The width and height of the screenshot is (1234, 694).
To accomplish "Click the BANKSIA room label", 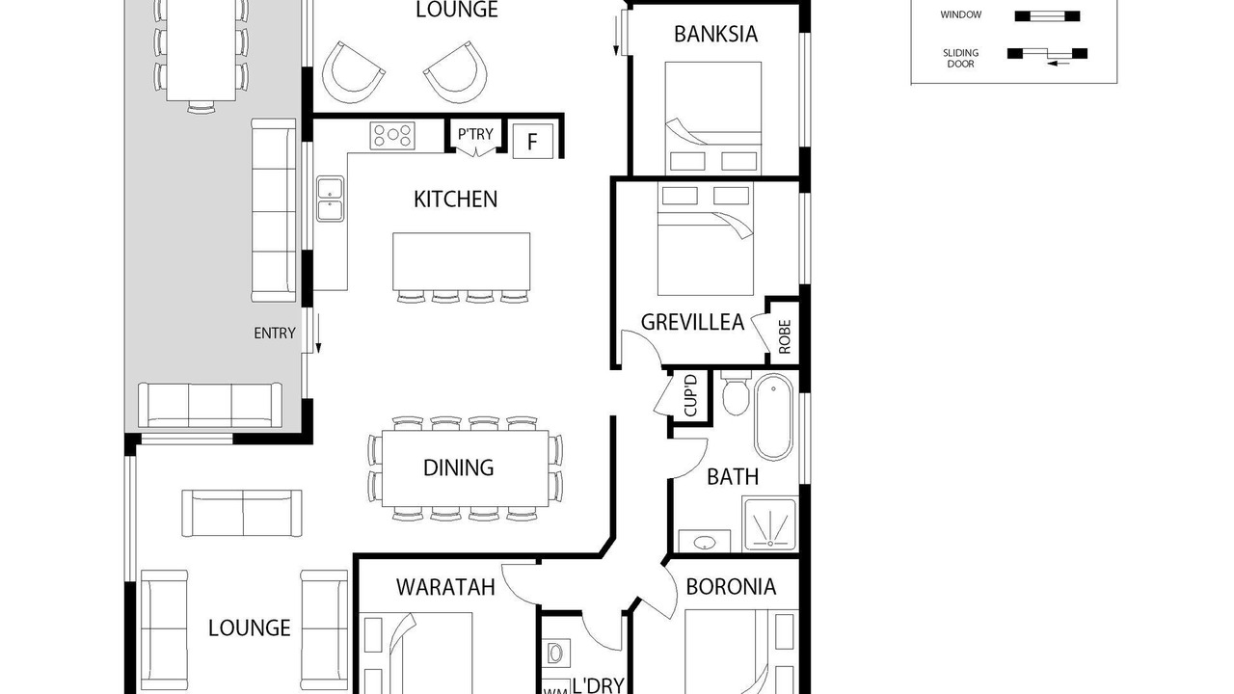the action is point(715,34).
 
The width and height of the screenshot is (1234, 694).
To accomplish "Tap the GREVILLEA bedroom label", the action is point(692,322).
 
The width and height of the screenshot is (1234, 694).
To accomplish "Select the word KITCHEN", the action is point(456,200).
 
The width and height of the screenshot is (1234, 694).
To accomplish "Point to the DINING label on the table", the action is point(458,467).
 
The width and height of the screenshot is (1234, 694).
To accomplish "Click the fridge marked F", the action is point(533,141).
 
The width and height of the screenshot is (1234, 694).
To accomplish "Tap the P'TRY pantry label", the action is point(475,134).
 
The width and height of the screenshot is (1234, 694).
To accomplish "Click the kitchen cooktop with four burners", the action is point(392,136).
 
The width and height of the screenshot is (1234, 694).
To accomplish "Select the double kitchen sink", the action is point(330,200).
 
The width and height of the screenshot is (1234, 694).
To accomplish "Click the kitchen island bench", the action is point(461,261).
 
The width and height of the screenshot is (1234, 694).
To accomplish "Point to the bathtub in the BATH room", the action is point(773,417).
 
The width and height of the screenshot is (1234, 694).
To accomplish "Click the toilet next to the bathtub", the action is point(735,394).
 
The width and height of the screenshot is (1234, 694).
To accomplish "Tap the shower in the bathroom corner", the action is point(769,523).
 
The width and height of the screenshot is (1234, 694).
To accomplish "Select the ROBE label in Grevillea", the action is point(785,336).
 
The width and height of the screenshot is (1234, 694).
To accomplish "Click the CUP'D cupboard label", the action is point(690,395).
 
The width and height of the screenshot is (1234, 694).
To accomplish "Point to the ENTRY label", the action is point(275,334).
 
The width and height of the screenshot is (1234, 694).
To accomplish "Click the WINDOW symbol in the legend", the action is point(1047,16).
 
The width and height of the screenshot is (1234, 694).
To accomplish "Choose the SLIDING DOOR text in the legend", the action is point(961,59).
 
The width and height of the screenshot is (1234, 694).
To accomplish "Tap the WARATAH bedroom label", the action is point(445,587).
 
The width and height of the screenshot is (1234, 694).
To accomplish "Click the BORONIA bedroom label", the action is point(731,587).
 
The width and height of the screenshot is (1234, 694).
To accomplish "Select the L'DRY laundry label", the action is point(599,685).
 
